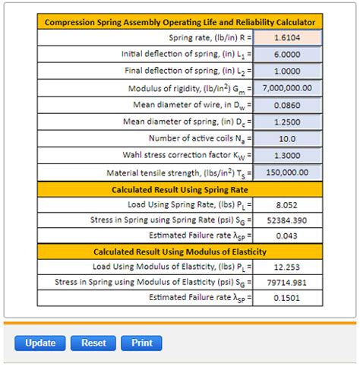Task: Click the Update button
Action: pyautogui.click(x=40, y=343)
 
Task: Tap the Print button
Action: pyautogui.click(x=142, y=343)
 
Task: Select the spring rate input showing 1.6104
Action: pyautogui.click(x=288, y=37)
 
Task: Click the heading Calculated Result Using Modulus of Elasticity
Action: pyautogui.click(x=181, y=252)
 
